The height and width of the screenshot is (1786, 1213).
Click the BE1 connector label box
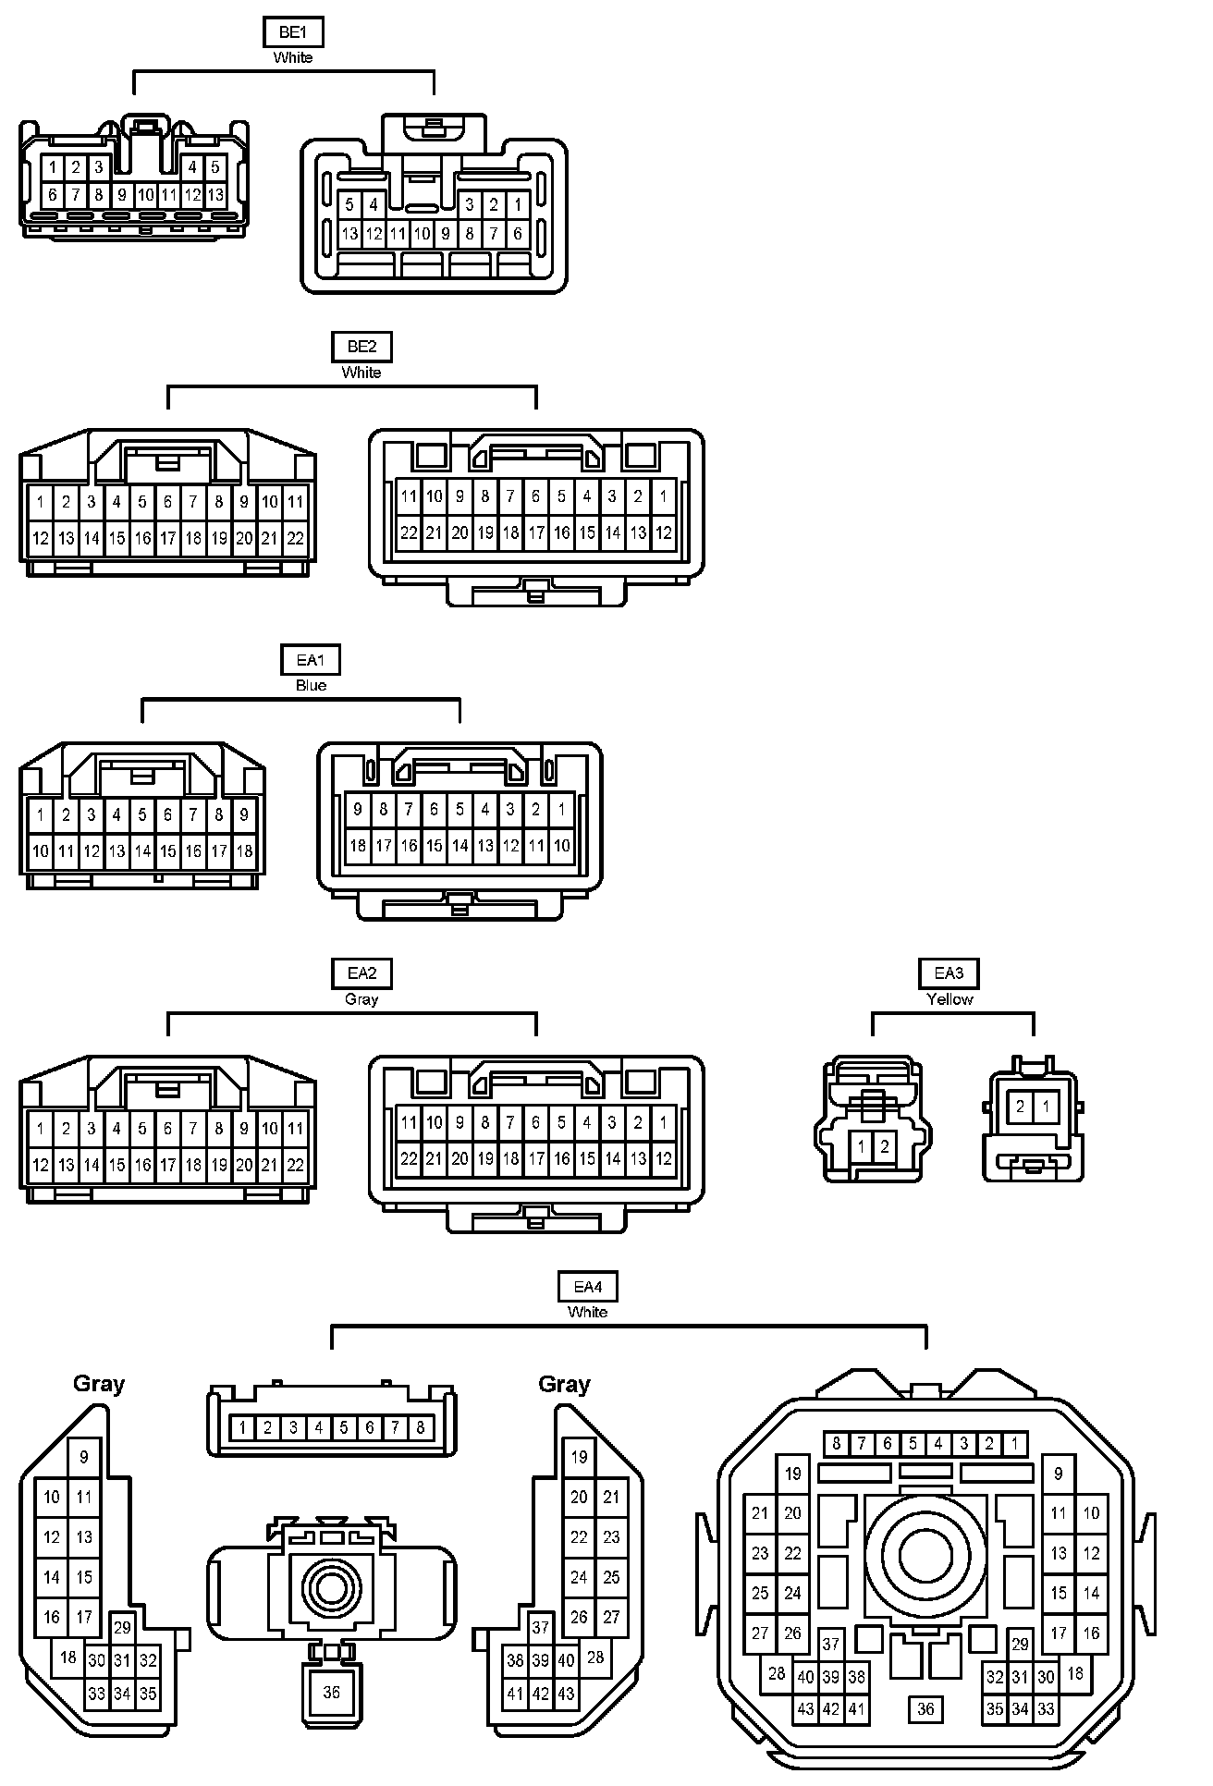[292, 32]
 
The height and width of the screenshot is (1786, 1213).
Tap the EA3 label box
[949, 973]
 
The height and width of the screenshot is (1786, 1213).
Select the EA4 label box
[587, 1286]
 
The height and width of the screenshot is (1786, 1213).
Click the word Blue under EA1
[311, 686]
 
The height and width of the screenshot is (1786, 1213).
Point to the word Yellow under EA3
[950, 999]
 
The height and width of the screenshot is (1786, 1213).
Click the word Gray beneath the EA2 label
[361, 999]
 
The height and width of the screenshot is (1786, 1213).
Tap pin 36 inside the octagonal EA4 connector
[925, 1709]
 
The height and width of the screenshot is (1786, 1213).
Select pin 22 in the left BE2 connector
[295, 538]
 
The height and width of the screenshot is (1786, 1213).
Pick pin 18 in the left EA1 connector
[244, 850]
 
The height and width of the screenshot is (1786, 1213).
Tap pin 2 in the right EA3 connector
[1021, 1106]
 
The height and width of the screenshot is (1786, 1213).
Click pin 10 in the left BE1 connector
[145, 195]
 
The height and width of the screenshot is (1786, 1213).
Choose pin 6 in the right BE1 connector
[517, 234]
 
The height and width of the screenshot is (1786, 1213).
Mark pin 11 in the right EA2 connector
[409, 1123]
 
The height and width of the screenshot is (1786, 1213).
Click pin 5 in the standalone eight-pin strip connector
[344, 1428]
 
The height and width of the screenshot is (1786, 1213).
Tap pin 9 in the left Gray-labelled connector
[84, 1458]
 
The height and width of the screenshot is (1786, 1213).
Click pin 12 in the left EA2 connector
[41, 1165]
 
